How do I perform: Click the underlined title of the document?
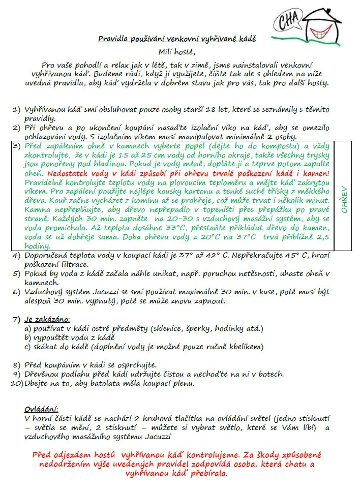coord(177,39)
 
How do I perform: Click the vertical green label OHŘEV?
coord(344,198)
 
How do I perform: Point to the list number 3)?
coord(16,146)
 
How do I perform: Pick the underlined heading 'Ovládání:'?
coord(41,410)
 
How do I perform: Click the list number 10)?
coord(15,384)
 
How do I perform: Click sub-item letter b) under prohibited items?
coord(28,338)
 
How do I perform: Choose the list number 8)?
coord(16,365)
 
